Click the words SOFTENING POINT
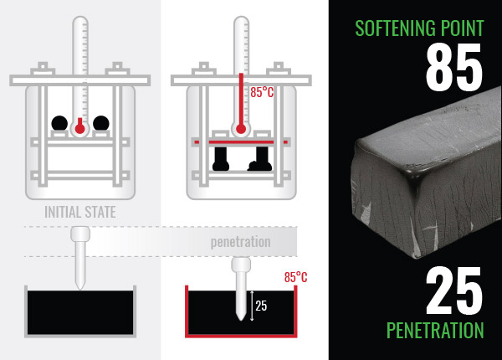pyautogui.click(x=419, y=27)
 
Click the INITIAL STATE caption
pyautogui.click(x=79, y=212)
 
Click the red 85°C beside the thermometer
pyautogui.click(x=263, y=92)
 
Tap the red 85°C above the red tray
pyautogui.click(x=295, y=276)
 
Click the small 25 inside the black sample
pyautogui.click(x=261, y=306)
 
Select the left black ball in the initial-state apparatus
pyautogui.click(x=59, y=123)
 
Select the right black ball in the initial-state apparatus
pyautogui.click(x=101, y=123)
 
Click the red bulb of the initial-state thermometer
pyautogui.click(x=80, y=127)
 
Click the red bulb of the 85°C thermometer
pyautogui.click(x=242, y=129)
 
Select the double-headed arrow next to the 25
pyautogui.click(x=251, y=306)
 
